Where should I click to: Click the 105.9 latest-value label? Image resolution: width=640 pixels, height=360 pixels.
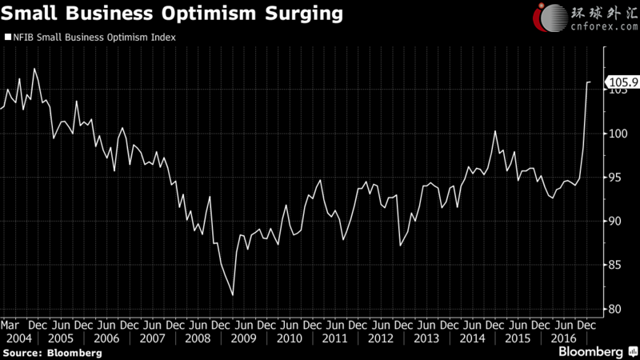click(x=622, y=82)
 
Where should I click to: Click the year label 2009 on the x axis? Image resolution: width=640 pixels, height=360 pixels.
click(x=243, y=338)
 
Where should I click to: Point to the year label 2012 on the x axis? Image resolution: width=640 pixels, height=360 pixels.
click(x=381, y=338)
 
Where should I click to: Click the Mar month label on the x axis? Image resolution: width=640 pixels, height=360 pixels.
click(x=11, y=326)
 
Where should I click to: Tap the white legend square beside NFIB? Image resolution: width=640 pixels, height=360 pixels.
click(x=8, y=37)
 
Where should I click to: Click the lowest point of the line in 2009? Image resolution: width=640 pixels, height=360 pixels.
click(x=233, y=295)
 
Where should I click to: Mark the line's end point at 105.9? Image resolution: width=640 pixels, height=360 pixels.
click(x=591, y=82)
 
